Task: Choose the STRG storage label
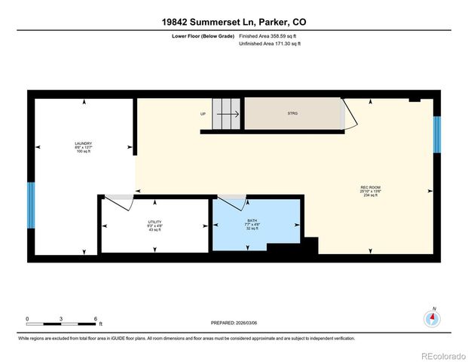[293, 114]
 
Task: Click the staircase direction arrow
[230, 115]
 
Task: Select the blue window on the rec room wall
[436, 133]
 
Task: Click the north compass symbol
[432, 318]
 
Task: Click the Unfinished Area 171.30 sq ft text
[270, 44]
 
